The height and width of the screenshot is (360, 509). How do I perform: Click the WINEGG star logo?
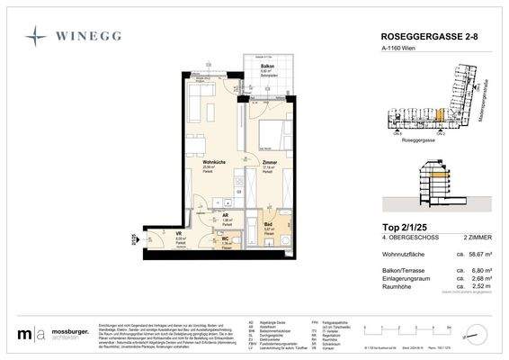tap(37, 37)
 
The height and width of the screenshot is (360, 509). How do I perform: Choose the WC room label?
tap(228, 239)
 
